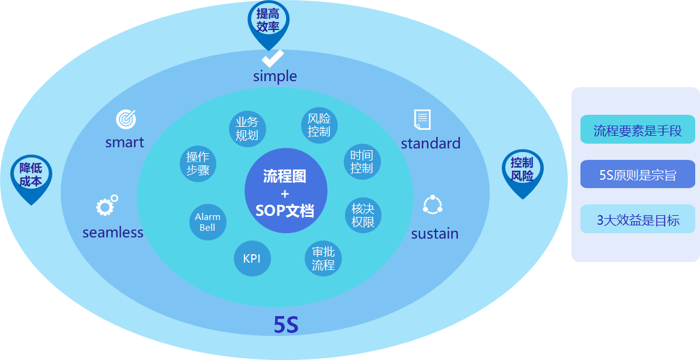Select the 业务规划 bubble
pyautogui.click(x=247, y=129)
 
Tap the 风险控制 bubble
pyautogui.click(x=319, y=125)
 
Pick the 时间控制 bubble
pyautogui.click(x=362, y=162)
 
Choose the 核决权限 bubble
pyautogui.click(x=363, y=215)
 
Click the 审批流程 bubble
pyautogui.click(x=323, y=258)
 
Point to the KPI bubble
pyautogui.click(x=252, y=259)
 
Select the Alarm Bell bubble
pyautogui.click(x=207, y=222)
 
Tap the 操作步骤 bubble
pyautogui.click(x=198, y=163)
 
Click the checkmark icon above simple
pyautogui.click(x=273, y=58)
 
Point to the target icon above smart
pyautogui.click(x=126, y=118)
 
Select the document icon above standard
pyautogui.click(x=422, y=119)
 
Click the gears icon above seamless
pyautogui.click(x=106, y=206)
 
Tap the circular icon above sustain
pyautogui.click(x=433, y=205)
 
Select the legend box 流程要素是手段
pyautogui.click(x=637, y=130)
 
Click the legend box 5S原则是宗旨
pyautogui.click(x=637, y=174)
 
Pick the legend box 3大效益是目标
pyautogui.click(x=637, y=219)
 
